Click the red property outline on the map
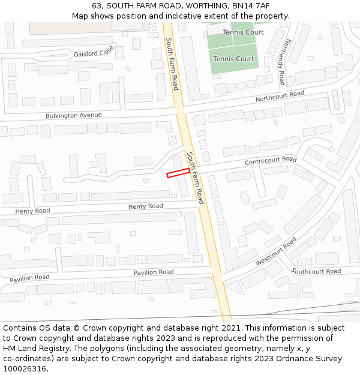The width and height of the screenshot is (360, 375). tap(178, 173)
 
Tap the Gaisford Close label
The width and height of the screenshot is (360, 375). tap(94, 52)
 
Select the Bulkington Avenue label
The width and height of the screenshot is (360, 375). tap(74, 115)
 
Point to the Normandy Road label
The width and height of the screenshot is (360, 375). tap(284, 62)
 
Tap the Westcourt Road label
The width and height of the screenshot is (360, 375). tap(276, 251)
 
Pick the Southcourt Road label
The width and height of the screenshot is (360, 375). tap(316, 271)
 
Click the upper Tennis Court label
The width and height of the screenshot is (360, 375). tap(243, 32)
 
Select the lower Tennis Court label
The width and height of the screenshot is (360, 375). tap(233, 59)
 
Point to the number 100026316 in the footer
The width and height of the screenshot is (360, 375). tap(25, 368)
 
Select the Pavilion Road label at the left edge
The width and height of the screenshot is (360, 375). tap(29, 278)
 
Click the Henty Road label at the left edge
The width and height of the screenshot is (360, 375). tap(32, 211)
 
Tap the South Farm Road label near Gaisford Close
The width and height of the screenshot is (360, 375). tap(172, 64)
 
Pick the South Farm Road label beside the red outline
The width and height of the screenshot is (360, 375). tap(195, 178)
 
